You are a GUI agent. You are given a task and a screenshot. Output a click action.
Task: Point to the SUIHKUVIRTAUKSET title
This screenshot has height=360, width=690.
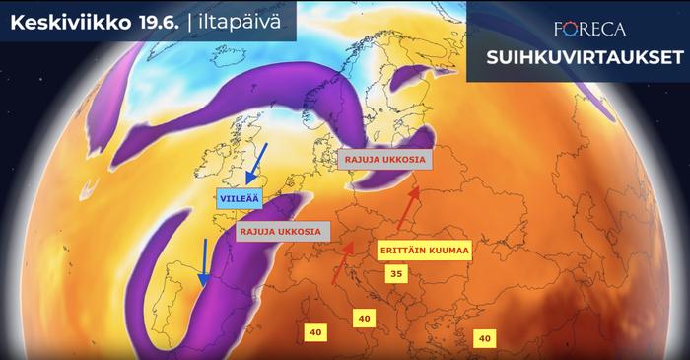[x=577, y=58]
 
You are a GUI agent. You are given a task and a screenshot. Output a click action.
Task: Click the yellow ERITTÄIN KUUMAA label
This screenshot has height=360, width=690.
[x=425, y=251]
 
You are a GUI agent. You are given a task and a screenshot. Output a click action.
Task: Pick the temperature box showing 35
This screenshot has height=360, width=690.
[x=394, y=273]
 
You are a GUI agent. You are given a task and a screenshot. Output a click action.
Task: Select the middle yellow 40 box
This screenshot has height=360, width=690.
[x=364, y=318]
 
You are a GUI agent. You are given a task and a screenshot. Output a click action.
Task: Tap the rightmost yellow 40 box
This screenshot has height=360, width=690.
[x=484, y=338]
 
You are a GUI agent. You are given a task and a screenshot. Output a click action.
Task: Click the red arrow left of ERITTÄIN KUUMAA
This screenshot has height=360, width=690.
[x=343, y=261]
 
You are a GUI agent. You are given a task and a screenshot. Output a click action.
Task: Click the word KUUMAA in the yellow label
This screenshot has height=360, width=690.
[x=449, y=251]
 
